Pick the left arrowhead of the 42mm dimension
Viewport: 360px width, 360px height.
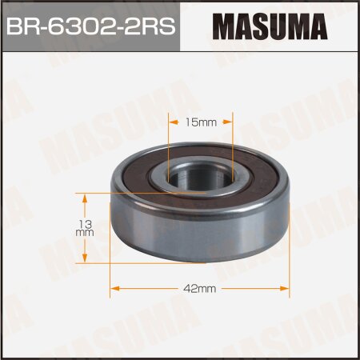(114, 286)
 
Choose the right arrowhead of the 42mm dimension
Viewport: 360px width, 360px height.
(282, 286)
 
